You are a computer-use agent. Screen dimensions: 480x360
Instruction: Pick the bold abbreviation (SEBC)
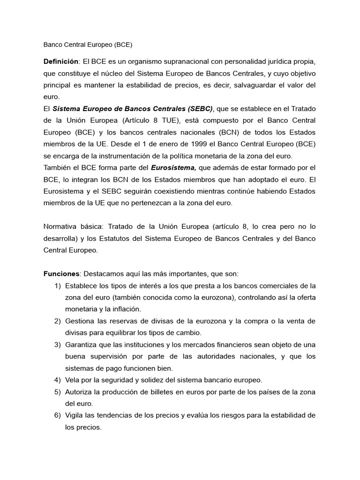point(200,109)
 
